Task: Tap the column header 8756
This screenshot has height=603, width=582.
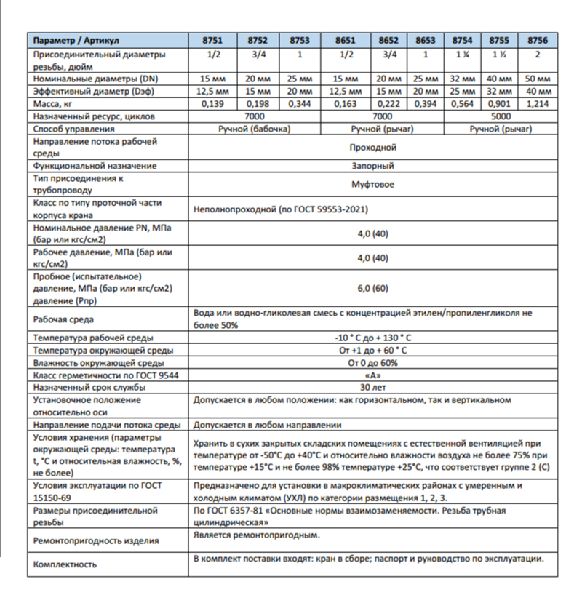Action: click(x=537, y=41)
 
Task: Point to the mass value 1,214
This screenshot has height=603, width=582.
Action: click(x=537, y=104)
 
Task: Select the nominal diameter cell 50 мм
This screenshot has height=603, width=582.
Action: click(x=537, y=79)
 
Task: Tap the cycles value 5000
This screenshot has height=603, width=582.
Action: click(x=500, y=116)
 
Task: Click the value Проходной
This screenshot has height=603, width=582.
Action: click(x=372, y=147)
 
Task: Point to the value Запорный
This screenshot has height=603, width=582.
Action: click(x=372, y=166)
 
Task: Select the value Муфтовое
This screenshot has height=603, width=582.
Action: click(x=372, y=184)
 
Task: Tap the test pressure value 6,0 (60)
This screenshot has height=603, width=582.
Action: click(x=372, y=289)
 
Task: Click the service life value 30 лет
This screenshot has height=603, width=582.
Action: click(x=372, y=387)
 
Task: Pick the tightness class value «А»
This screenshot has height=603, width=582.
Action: click(x=372, y=375)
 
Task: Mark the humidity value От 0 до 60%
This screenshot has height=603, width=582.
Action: click(x=372, y=362)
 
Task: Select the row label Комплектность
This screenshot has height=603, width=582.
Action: click(x=65, y=564)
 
